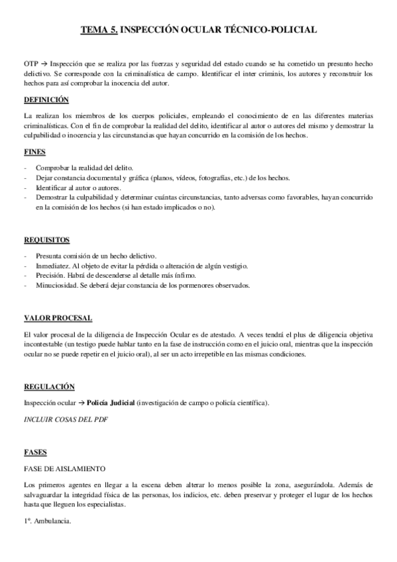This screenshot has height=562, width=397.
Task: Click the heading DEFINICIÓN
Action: point(46,100)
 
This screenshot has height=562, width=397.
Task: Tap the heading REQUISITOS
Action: point(46,239)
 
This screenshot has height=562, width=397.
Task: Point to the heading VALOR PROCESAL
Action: point(58,319)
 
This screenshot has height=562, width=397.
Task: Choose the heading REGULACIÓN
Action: point(48,386)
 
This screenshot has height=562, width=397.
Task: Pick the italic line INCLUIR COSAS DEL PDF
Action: point(66,420)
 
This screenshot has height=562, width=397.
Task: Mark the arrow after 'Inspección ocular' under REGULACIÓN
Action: point(82,403)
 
